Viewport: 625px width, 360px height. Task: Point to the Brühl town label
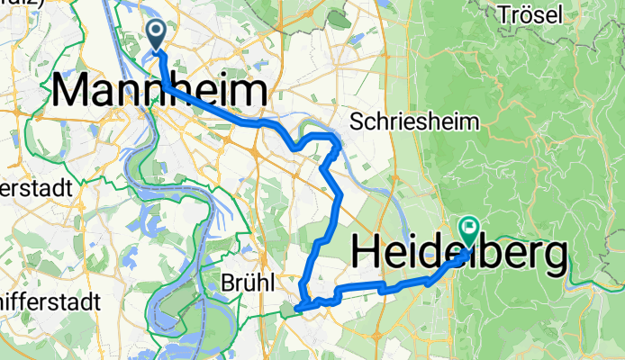[247, 282]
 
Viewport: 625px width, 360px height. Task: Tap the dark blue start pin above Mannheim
[156, 35]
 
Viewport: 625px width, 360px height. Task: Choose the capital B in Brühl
[226, 282]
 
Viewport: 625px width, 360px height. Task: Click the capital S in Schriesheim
[358, 120]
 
